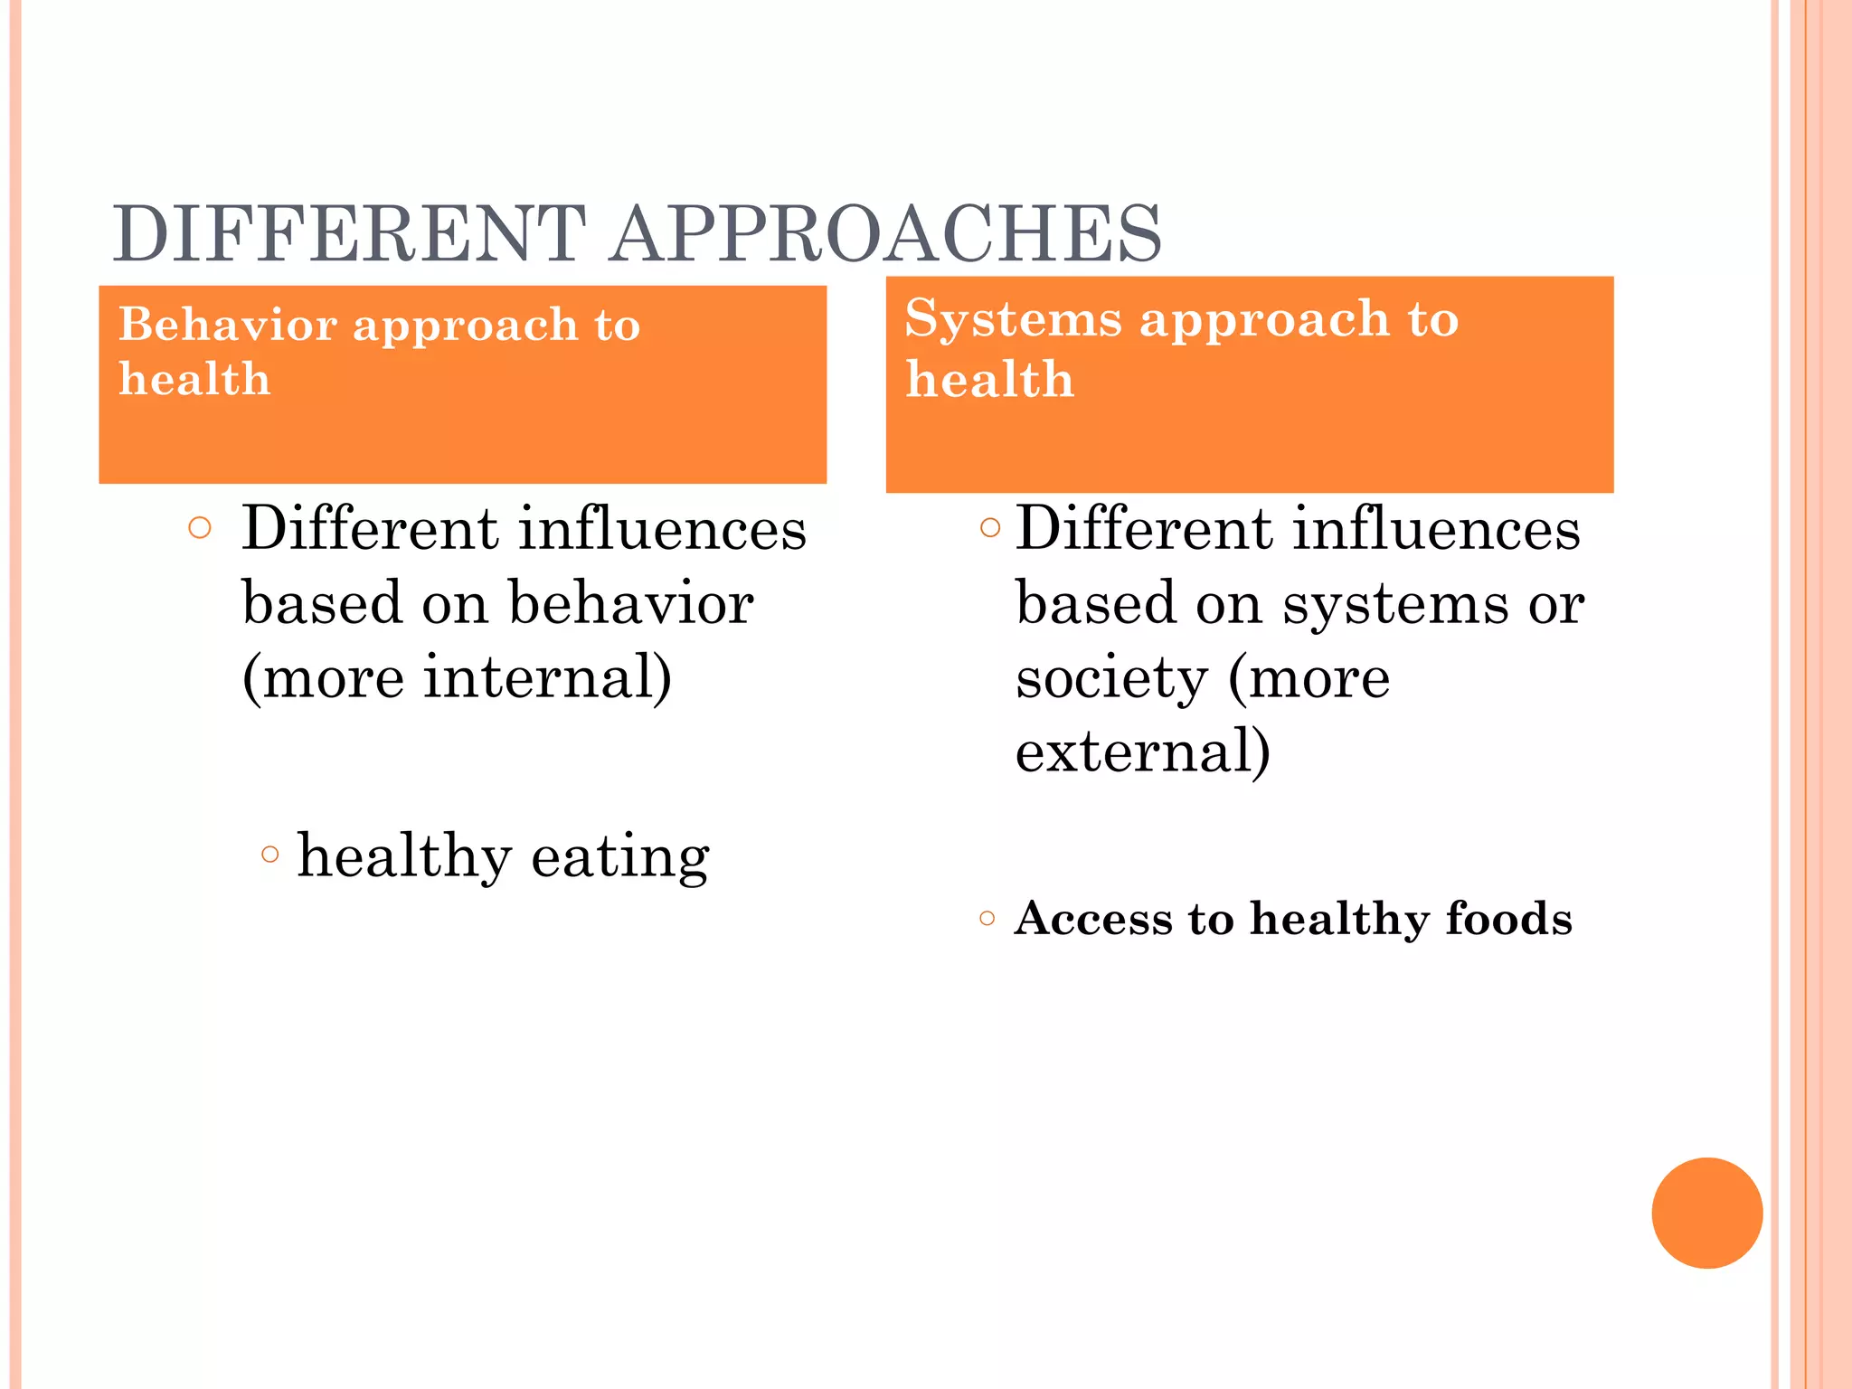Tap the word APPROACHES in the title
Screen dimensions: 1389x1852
[886, 234]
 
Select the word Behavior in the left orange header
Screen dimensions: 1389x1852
[228, 324]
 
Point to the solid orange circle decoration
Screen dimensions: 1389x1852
[1706, 1213]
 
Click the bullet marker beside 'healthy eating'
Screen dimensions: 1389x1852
[269, 854]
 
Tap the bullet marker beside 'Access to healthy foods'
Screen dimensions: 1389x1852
[987, 920]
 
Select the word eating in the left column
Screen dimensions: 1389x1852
[619, 855]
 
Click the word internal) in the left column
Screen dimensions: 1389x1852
[547, 677]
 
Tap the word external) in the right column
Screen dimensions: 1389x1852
[1142, 751]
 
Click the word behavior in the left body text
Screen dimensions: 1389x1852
[630, 603]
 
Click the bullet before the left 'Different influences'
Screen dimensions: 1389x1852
[200, 527]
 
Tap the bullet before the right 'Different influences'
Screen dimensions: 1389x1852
[990, 526]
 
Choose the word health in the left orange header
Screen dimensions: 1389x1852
[194, 378]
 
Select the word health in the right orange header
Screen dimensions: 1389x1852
[989, 378]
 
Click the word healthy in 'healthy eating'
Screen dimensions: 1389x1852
[404, 855]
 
